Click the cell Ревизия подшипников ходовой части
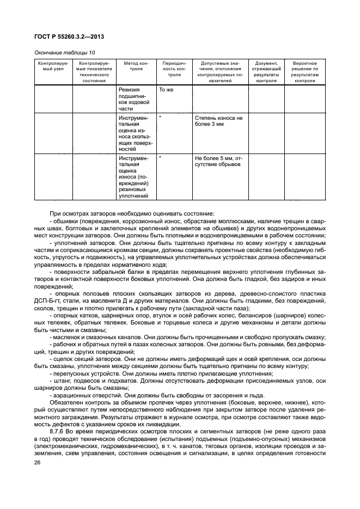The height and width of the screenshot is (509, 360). point(134,99)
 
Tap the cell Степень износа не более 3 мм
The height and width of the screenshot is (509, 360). point(218,120)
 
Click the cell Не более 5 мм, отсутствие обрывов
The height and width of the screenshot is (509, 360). point(218,161)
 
